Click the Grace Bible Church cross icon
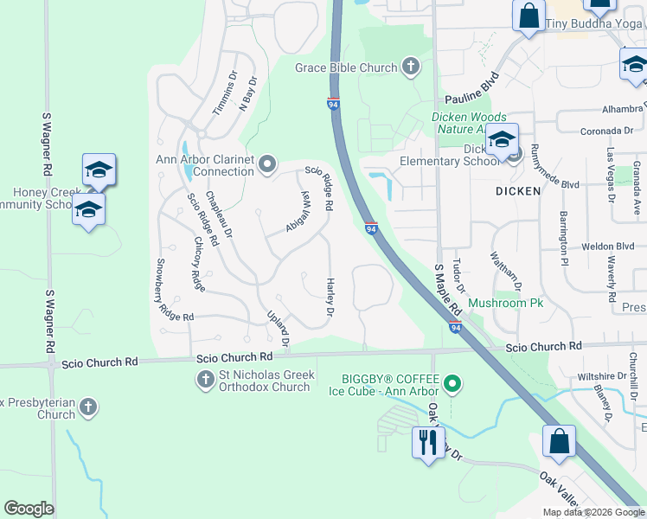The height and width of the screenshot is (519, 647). pyautogui.click(x=410, y=67)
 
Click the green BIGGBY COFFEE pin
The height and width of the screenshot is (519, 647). pyautogui.click(x=451, y=381)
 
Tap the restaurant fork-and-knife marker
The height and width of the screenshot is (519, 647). pyautogui.click(x=426, y=443)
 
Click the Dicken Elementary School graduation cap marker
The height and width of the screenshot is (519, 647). pyautogui.click(x=502, y=140)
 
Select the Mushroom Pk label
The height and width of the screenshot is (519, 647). pyautogui.click(x=505, y=304)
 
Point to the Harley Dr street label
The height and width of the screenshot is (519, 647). pyautogui.click(x=330, y=296)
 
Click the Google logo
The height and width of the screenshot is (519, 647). pyautogui.click(x=29, y=509)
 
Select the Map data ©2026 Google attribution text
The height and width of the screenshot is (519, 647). pyautogui.click(x=593, y=512)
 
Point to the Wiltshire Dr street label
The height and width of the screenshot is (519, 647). pyautogui.click(x=601, y=376)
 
